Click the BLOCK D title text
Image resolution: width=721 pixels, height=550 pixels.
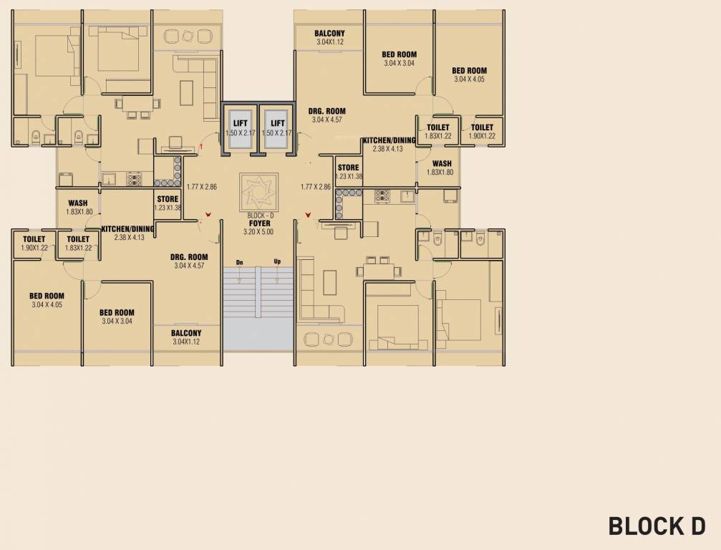[657, 526]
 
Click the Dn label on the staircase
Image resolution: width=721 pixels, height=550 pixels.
[239, 261]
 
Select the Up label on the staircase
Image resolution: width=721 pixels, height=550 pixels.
[277, 261]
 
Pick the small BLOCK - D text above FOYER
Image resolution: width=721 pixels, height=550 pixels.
[256, 215]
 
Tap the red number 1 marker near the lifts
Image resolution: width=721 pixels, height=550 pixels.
[201, 145]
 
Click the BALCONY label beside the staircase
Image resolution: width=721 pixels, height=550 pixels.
[186, 333]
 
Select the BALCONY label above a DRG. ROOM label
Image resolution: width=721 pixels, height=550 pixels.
[329, 34]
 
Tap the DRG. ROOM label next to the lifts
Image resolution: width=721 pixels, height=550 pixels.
[326, 111]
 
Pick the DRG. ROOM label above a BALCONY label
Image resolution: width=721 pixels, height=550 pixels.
[189, 257]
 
